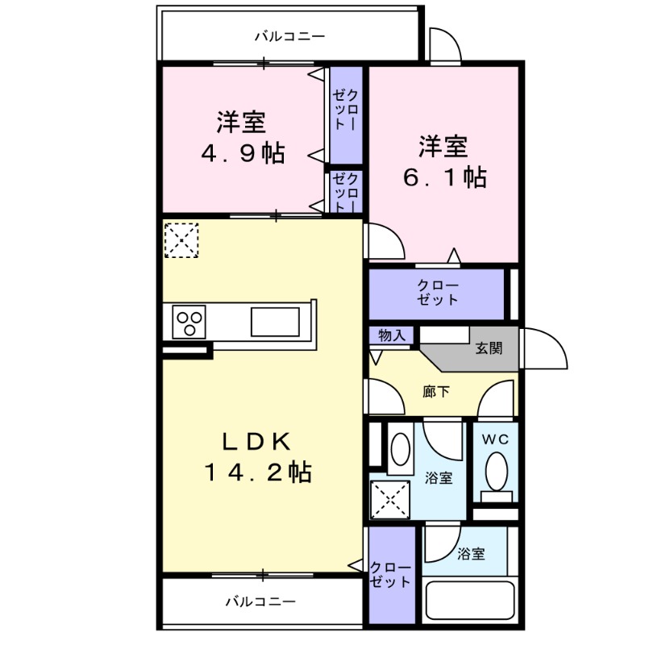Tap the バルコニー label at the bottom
coord(260,601)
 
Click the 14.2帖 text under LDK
coord(256,472)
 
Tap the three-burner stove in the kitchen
coord(189,323)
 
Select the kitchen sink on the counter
coord(274,322)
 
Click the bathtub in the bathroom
coord(468,601)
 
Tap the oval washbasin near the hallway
coord(399,452)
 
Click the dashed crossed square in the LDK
coord(181,240)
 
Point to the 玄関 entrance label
coord(489,349)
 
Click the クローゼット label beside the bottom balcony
coord(390,574)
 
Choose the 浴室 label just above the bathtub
coord(471,554)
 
